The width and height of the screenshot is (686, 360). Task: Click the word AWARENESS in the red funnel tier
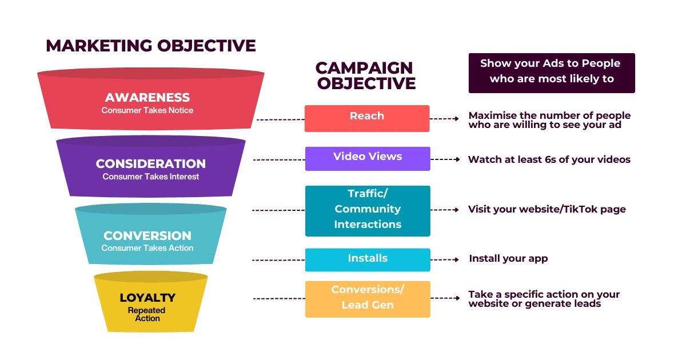click(x=147, y=97)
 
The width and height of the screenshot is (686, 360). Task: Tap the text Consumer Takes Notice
click(x=147, y=110)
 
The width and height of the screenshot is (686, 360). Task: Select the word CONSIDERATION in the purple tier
click(x=150, y=164)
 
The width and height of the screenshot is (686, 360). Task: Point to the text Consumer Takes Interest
click(x=150, y=177)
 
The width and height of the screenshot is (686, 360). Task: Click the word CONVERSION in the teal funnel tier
click(x=147, y=235)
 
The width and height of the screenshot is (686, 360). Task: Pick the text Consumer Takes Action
click(x=147, y=248)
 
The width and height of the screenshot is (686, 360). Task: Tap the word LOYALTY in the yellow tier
click(x=147, y=298)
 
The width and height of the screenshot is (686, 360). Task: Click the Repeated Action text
click(x=147, y=314)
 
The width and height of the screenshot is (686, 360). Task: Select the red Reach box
click(x=366, y=118)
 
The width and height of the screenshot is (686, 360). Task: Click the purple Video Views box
click(x=367, y=158)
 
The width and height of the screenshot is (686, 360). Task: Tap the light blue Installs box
click(x=367, y=259)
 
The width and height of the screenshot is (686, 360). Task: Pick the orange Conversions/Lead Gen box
click(x=367, y=298)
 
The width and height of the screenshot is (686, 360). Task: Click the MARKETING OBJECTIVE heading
click(x=150, y=46)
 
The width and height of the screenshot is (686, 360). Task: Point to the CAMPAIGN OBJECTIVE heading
click(x=365, y=75)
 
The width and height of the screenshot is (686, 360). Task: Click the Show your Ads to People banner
click(x=551, y=71)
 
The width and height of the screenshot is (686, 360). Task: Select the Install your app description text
click(x=508, y=259)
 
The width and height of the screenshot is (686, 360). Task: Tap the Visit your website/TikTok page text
click(x=547, y=210)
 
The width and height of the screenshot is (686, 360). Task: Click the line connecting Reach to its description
click(x=445, y=119)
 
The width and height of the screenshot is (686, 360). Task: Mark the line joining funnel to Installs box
click(x=278, y=260)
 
